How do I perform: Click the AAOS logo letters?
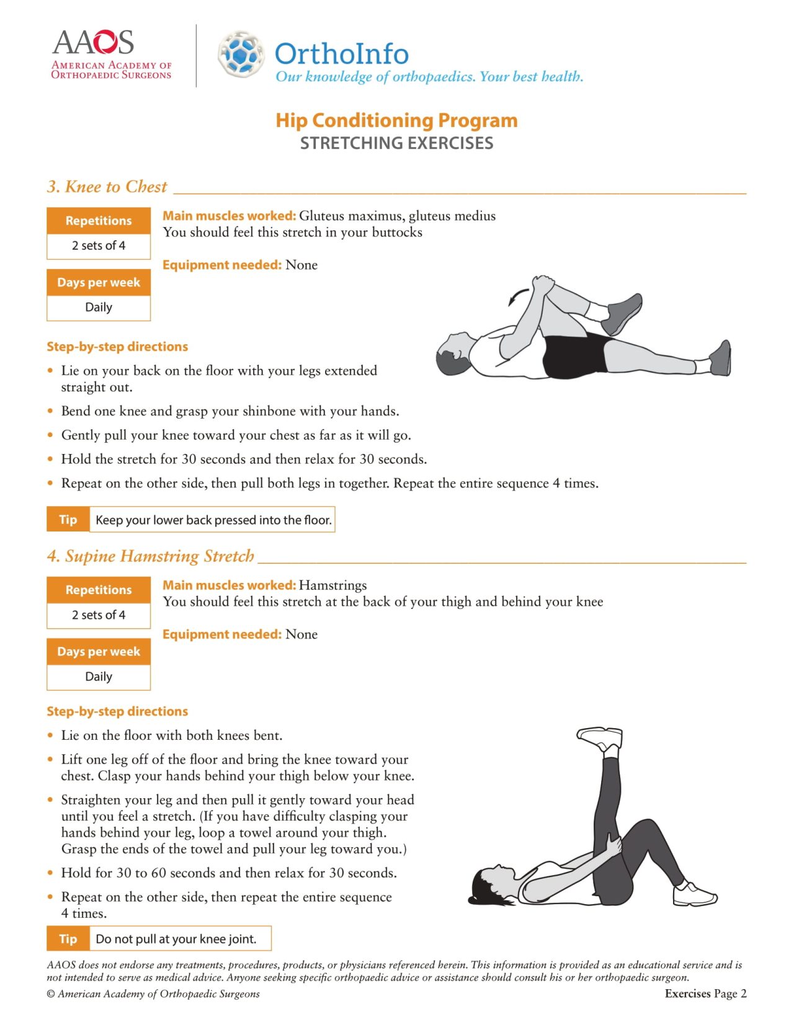[x=93, y=42]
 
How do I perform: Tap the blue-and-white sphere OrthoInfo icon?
[x=241, y=55]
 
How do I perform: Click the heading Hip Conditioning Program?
[x=396, y=120]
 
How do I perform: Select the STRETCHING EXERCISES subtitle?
[x=396, y=143]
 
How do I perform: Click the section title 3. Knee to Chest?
[x=107, y=187]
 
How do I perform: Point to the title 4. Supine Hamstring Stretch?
[x=150, y=556]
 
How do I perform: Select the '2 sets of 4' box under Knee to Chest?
[x=99, y=246]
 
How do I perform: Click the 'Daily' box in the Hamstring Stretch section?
[x=99, y=677]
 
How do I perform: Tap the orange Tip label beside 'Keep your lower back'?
[x=68, y=520]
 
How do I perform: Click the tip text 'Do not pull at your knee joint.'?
[x=176, y=939]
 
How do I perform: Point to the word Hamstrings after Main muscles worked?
[x=332, y=585]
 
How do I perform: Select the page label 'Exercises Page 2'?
[x=705, y=994]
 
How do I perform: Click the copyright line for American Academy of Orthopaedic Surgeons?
[x=153, y=994]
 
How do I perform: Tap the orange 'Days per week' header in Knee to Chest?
[x=99, y=283]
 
